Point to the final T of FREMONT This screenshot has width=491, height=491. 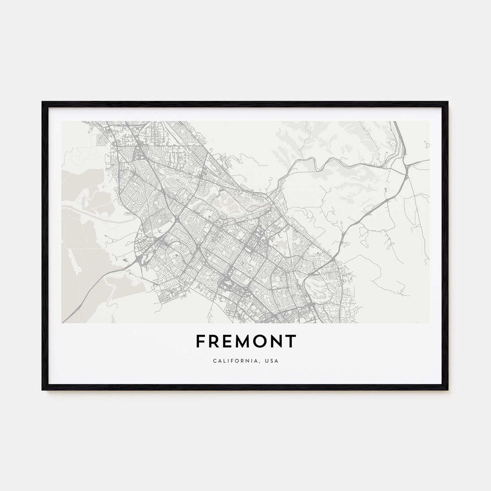pyautogui.click(x=291, y=341)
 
